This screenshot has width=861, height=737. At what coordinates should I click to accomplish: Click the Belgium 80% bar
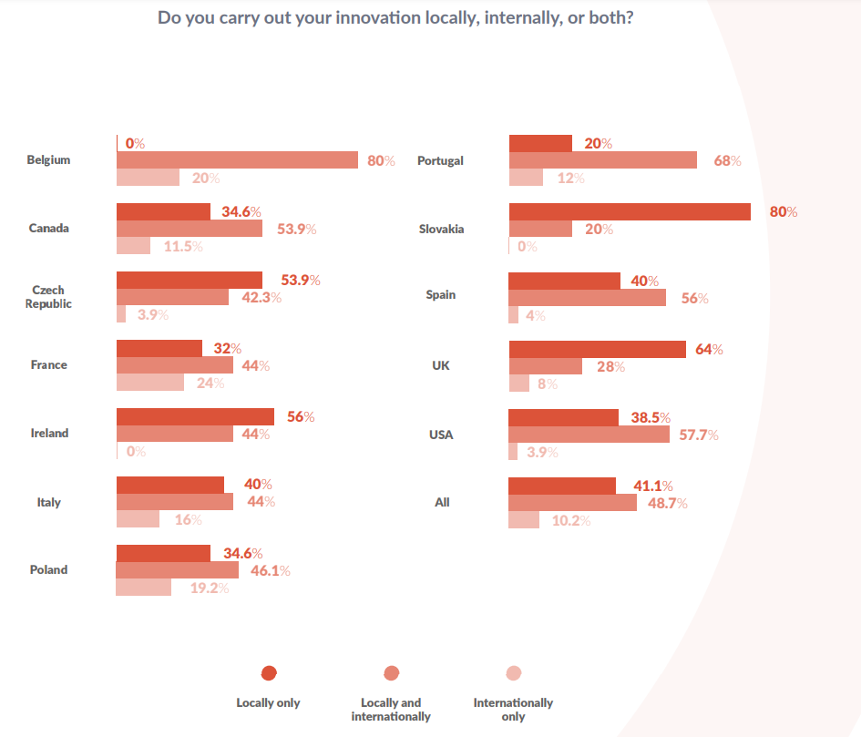(x=237, y=160)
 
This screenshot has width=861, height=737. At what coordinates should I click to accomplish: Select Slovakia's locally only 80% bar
(x=629, y=211)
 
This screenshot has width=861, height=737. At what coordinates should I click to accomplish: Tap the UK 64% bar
(x=597, y=349)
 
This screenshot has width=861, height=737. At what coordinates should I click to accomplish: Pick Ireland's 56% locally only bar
(x=195, y=416)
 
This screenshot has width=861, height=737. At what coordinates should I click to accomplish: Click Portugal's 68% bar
(x=602, y=160)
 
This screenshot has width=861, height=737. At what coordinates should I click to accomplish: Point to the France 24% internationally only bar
(x=150, y=383)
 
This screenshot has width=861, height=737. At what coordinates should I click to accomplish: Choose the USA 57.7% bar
(x=589, y=435)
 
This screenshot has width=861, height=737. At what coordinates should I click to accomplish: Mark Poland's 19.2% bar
(x=144, y=588)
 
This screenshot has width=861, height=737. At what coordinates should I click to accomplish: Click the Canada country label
(x=49, y=228)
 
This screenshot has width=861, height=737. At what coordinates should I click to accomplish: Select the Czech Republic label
(x=48, y=297)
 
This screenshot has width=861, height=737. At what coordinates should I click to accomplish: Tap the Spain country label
(x=441, y=295)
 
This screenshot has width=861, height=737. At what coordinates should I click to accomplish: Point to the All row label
(x=442, y=502)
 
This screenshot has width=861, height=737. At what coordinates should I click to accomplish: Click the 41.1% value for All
(x=652, y=486)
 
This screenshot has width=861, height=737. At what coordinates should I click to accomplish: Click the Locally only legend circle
(x=268, y=673)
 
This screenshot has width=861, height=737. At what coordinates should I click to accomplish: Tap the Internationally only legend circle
(x=513, y=673)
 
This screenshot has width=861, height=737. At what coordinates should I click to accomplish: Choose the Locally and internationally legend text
(x=391, y=710)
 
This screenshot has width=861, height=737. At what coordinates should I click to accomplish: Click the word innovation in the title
(x=347, y=18)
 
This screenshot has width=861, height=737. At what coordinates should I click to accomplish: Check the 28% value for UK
(x=610, y=366)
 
